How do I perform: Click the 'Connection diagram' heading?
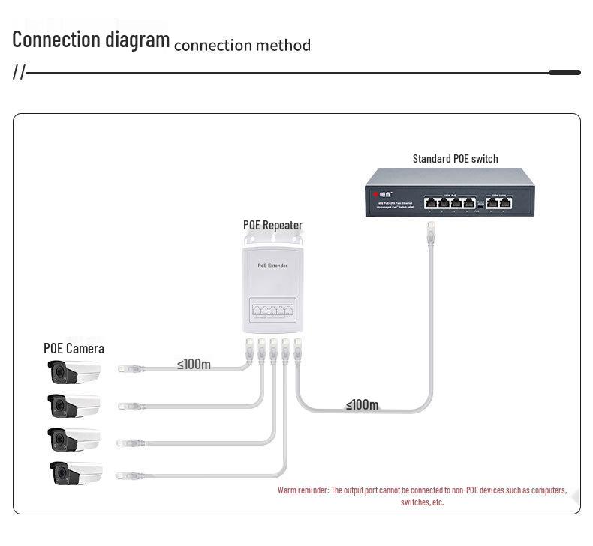[x=91, y=39]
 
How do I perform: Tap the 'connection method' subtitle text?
[x=242, y=45]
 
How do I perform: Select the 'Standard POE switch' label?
[x=455, y=158]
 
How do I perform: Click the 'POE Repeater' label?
[x=272, y=225]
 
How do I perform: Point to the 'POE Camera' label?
[x=74, y=348]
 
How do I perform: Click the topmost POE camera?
[x=74, y=371]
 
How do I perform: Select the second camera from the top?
[x=74, y=405]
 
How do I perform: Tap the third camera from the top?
[x=74, y=439]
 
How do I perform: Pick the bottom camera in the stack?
[x=75, y=473]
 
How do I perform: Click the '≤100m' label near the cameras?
[x=194, y=364]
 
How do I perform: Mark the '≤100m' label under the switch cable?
[x=362, y=404]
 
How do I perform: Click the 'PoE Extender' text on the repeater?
[x=272, y=265]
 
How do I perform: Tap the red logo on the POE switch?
[x=377, y=195]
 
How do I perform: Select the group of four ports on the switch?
[x=450, y=202]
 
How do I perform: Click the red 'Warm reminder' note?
[x=422, y=496]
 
